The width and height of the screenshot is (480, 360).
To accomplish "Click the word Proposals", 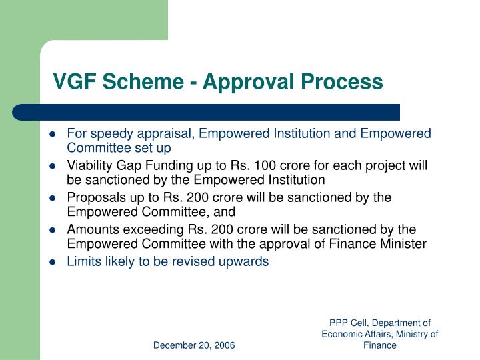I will click(93, 197).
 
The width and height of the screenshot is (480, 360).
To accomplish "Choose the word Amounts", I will click(90, 229).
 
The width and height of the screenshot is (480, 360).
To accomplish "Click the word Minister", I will click(403, 244).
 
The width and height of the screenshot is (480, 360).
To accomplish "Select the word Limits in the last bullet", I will click(81, 261).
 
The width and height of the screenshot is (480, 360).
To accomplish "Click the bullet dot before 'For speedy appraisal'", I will click(52, 134).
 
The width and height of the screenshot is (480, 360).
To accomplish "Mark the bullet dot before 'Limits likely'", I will click(52, 262).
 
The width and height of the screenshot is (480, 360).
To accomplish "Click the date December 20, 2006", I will click(194, 345).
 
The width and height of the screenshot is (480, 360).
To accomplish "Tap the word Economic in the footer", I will click(343, 334).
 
